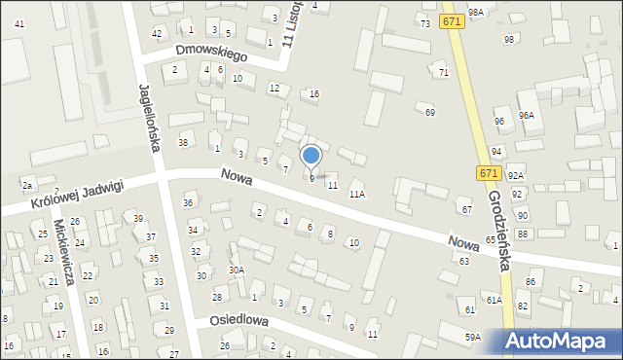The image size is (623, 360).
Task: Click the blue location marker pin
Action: (x=311, y=156)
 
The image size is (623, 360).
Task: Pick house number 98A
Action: (x=475, y=13)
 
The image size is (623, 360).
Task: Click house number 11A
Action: (x=357, y=195)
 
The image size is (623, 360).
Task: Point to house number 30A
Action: (x=236, y=270)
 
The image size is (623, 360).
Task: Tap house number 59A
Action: (x=472, y=337)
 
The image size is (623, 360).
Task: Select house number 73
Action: (x=424, y=22)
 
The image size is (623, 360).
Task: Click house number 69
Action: (x=430, y=113)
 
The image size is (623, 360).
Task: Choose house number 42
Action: (x=157, y=33)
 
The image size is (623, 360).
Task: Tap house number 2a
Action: (x=27, y=185)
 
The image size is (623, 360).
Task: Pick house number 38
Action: (x=182, y=143)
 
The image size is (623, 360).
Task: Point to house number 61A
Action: (x=495, y=301)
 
